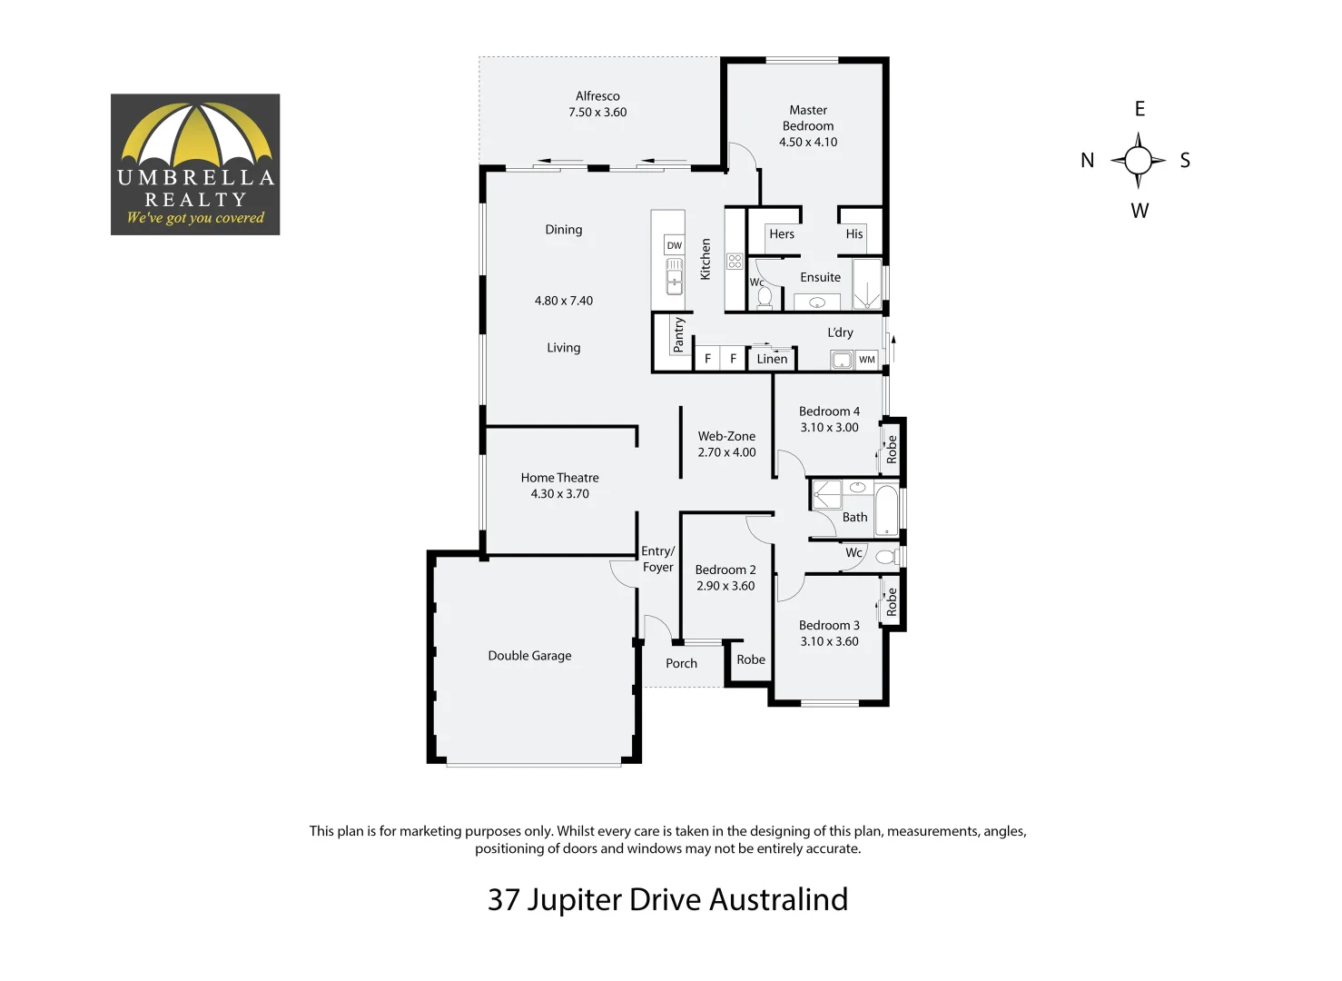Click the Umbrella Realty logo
(x=195, y=164)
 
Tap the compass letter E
(x=1140, y=109)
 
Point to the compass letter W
(x=1140, y=211)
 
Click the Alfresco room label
(x=597, y=96)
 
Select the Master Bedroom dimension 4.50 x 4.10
(x=808, y=143)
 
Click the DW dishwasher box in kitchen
(x=674, y=245)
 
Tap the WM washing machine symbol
(x=867, y=360)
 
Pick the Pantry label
(x=678, y=334)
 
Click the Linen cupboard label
(x=772, y=359)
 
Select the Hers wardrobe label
(x=781, y=234)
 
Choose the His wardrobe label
(x=854, y=234)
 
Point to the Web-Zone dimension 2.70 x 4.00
(x=726, y=452)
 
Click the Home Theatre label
(x=559, y=478)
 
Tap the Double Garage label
(x=529, y=656)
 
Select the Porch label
(x=681, y=664)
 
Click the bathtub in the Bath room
(x=886, y=510)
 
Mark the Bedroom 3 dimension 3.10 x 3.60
(x=829, y=641)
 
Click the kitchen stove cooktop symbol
(x=735, y=262)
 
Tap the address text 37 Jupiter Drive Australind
(x=667, y=899)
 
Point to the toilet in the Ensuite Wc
(x=764, y=297)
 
